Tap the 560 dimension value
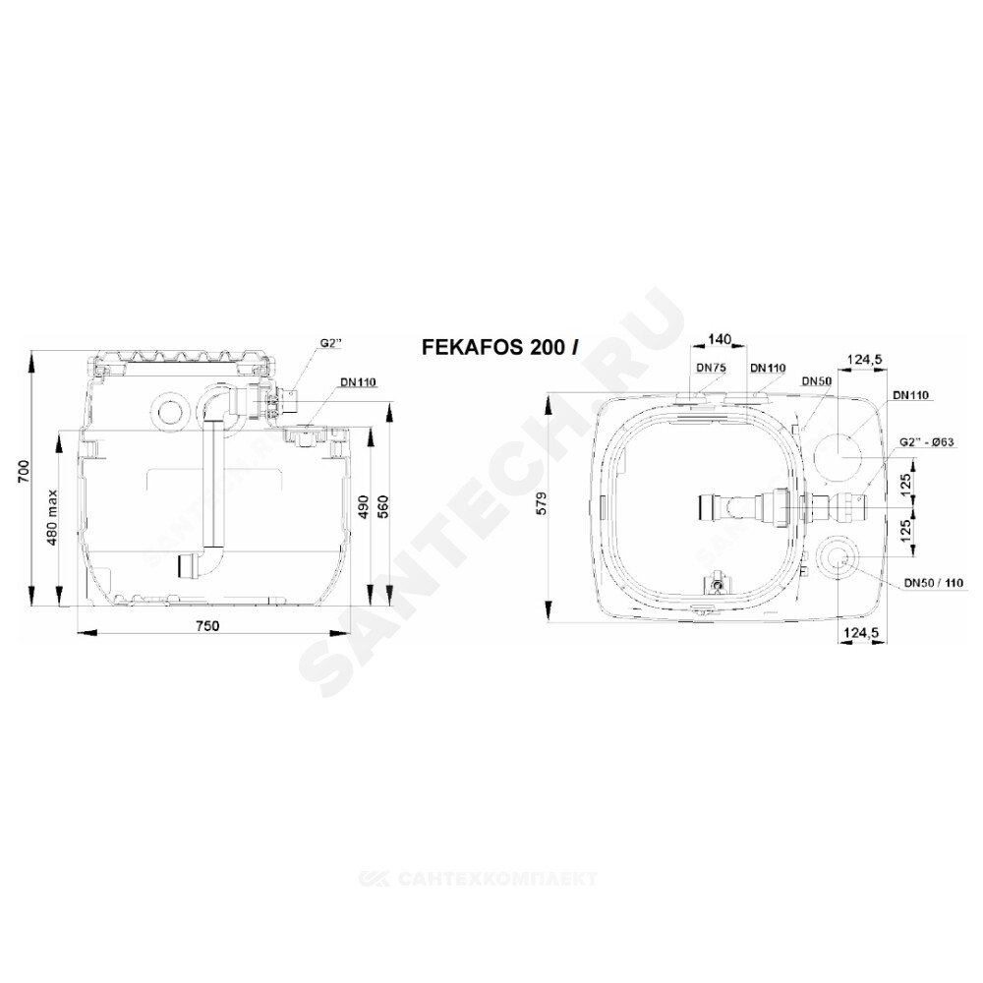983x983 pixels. click(383, 508)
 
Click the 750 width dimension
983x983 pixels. click(206, 625)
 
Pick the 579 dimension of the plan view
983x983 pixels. click(543, 503)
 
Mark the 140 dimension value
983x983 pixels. click(720, 339)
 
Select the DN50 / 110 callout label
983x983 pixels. click(933, 583)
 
